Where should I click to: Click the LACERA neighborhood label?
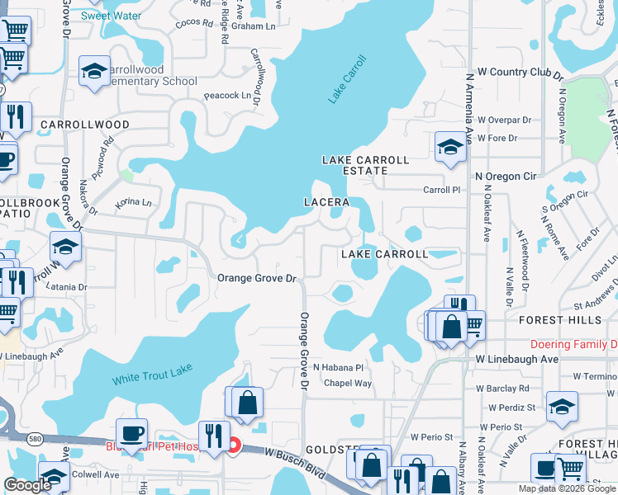coord(326,202)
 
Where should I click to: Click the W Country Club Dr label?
coord(513,73)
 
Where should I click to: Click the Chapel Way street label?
coord(348,383)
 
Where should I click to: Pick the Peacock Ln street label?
coord(227,96)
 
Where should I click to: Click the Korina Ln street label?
coord(134,202)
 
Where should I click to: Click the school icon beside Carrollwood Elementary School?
coord(95,71)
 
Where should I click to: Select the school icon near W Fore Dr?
coord(450,147)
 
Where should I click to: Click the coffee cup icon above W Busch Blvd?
coord(132,432)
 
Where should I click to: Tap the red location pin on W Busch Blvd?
coord(234,446)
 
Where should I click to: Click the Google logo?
coord(27,485)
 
